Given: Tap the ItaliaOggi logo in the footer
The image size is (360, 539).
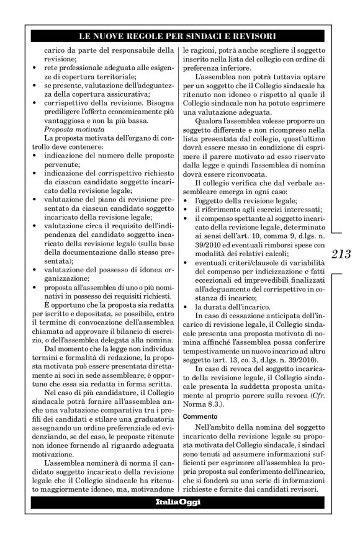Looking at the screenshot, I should [x=178, y=501].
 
